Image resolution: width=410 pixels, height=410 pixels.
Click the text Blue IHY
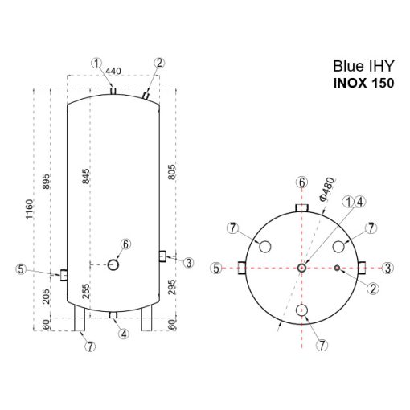363,68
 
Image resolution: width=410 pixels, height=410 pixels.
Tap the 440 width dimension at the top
113,72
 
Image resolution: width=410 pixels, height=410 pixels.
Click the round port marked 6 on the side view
113,263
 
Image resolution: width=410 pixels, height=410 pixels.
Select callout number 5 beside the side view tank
22,269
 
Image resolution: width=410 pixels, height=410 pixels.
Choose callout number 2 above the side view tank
158,63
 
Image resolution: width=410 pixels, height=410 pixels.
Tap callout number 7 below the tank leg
90,346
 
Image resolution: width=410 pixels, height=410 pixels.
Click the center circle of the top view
301,268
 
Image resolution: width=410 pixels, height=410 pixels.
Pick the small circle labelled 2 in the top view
338,268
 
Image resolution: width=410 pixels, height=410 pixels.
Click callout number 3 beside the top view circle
387,268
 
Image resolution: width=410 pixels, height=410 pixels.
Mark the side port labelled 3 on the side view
162,256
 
